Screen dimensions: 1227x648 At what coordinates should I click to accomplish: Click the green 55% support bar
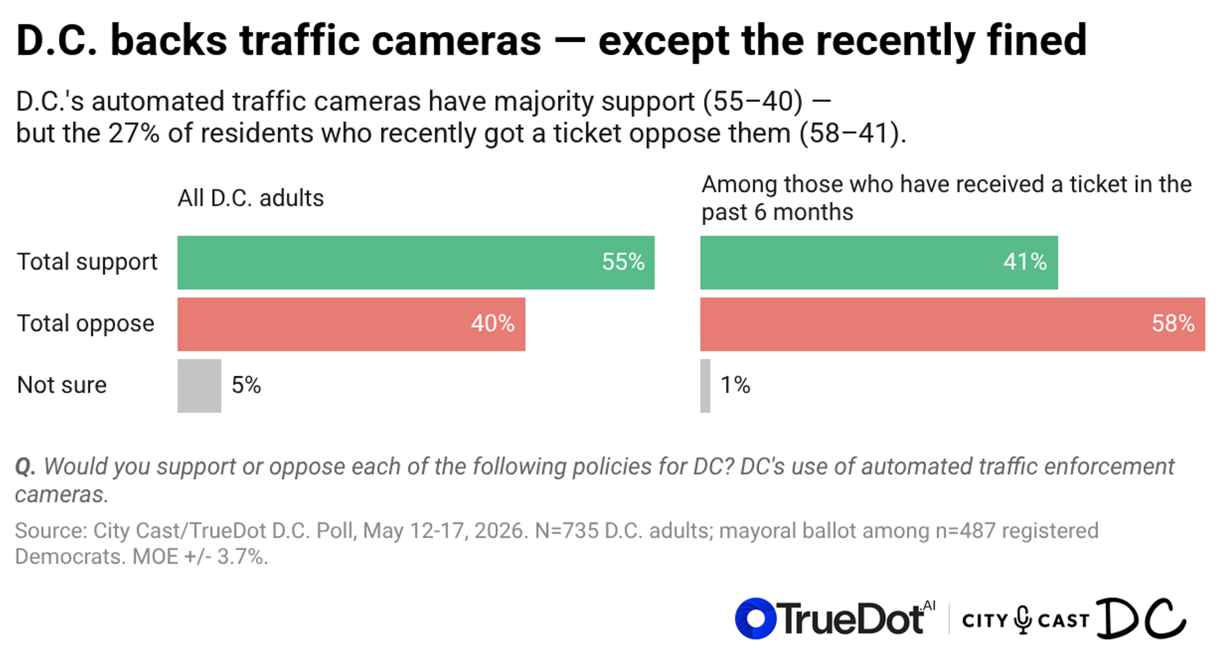pos(416,262)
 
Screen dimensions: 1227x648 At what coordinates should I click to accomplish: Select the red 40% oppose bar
pos(351,324)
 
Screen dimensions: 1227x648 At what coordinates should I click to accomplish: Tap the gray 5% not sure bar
pos(199,385)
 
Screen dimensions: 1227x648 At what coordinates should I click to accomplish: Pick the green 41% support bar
pos(879,262)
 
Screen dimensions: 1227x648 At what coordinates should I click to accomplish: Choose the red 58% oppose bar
pos(952,324)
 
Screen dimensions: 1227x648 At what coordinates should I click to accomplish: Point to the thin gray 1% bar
pos(705,385)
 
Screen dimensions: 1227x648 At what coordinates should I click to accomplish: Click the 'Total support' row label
pos(87,262)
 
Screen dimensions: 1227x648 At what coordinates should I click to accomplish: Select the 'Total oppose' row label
pos(86,324)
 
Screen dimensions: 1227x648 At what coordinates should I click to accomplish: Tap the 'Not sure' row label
pos(62,385)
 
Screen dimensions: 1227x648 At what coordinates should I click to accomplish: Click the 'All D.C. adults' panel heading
pos(251,198)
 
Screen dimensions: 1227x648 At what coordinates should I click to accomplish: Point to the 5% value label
pos(246,385)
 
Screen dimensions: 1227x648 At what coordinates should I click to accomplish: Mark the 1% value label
pos(735,385)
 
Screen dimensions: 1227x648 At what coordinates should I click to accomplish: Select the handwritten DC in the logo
pos(1141,618)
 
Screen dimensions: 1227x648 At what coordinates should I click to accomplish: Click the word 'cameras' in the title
pos(456,40)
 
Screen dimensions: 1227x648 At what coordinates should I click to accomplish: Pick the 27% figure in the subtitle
pos(134,134)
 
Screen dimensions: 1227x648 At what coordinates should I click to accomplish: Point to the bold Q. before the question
pos(26,467)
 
